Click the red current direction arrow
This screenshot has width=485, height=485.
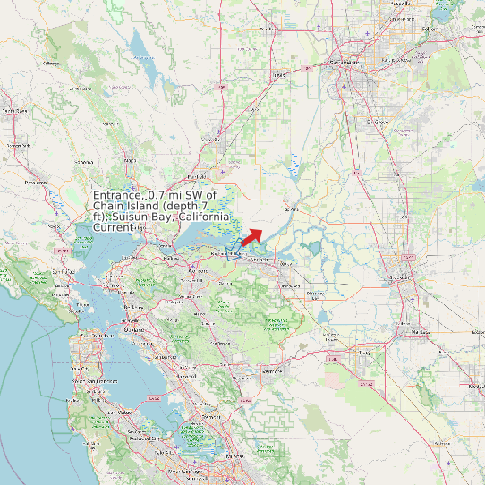point(251,236)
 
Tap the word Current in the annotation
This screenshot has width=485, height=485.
point(114,228)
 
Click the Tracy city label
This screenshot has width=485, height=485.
point(362,353)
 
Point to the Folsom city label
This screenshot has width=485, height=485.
point(432,29)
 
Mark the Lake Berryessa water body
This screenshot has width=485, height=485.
point(139,45)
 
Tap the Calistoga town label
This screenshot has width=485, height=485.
point(51,64)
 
